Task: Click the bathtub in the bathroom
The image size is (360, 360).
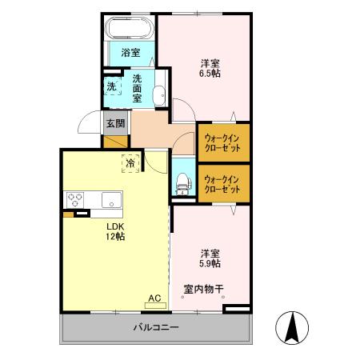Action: click(x=129, y=31)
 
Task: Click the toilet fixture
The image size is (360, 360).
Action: click(x=182, y=183)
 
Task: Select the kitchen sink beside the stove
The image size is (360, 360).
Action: click(x=110, y=200)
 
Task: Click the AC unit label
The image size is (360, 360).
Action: click(x=154, y=298)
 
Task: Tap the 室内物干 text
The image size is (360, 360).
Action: click(x=203, y=288)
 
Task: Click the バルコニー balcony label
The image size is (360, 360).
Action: click(x=155, y=327)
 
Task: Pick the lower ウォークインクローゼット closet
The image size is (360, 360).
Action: click(x=223, y=183)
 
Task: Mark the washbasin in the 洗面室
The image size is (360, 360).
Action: click(x=160, y=92)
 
